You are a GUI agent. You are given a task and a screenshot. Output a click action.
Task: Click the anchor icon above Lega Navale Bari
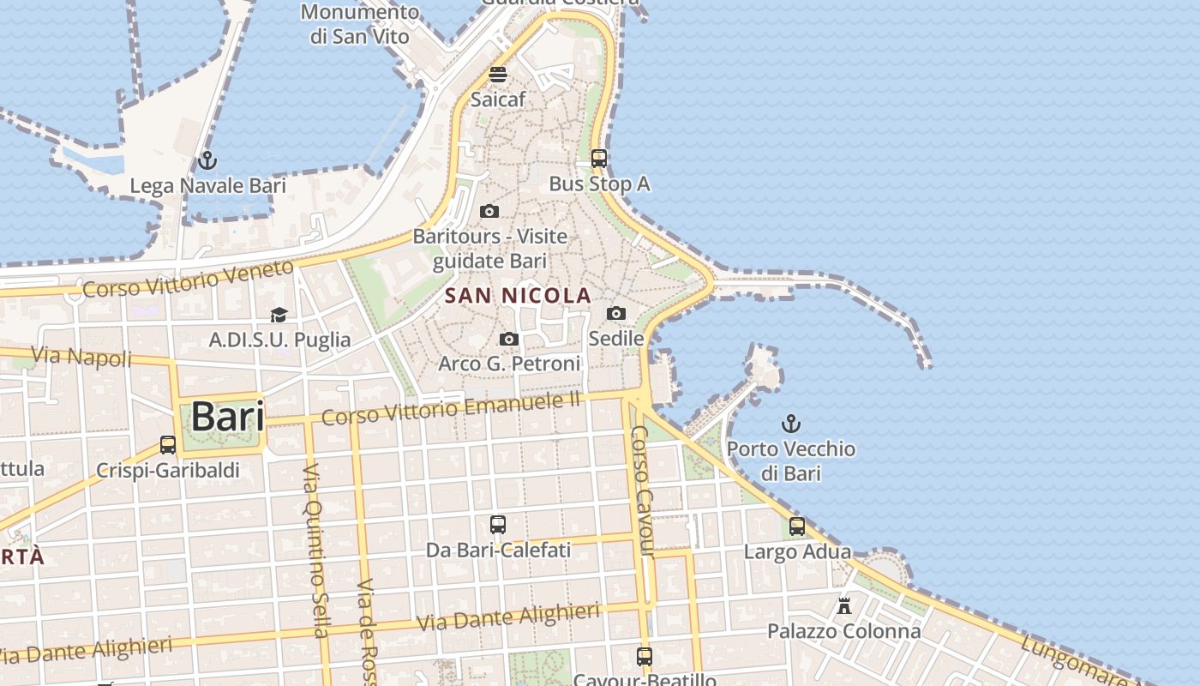coord(207,160)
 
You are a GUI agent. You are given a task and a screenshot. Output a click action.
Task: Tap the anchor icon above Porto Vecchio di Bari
coord(791,423)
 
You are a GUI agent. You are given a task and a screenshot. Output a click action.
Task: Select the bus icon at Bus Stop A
coord(599,159)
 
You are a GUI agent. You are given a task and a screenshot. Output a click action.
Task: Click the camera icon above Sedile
coord(616,314)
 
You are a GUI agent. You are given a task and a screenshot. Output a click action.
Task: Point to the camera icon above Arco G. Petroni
coord(509,340)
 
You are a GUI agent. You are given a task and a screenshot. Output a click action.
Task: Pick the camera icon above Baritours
coord(489,211)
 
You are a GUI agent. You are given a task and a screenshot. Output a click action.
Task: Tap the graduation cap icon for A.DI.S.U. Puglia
coord(279,316)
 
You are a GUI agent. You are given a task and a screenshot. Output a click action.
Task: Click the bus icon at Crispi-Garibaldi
coord(168,445)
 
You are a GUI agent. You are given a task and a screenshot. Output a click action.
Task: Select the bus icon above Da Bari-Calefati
coord(498,524)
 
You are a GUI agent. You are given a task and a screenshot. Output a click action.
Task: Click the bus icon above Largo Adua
coord(797,527)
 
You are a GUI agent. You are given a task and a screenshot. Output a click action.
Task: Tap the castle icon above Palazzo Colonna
coord(844,606)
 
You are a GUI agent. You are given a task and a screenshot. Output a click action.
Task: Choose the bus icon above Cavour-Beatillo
coord(645,657)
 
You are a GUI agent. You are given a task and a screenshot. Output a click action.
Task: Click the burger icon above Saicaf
coord(498,74)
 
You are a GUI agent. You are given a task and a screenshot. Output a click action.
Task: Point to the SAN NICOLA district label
coord(518,296)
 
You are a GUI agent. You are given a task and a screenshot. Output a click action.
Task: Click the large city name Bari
coord(227,417)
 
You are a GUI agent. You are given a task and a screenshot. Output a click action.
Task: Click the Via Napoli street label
coord(81,356)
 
